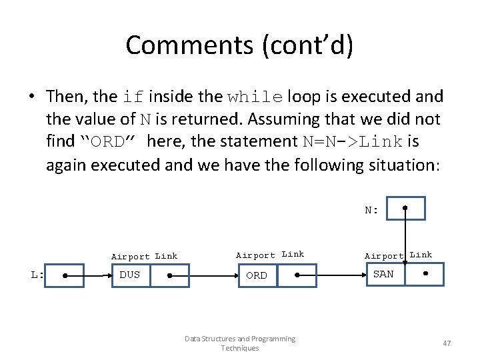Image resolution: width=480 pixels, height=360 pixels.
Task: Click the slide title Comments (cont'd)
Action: [x=240, y=45]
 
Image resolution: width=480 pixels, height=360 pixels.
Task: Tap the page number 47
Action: [x=447, y=343]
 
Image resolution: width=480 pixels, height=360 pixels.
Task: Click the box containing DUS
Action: [x=131, y=275]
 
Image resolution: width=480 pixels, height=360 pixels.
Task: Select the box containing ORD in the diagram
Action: [x=257, y=275]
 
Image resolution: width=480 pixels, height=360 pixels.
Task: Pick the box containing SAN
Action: [x=384, y=274]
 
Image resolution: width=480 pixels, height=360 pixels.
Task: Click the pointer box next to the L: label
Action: [x=64, y=275]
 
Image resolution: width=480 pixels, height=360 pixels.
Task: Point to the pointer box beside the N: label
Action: [x=405, y=208]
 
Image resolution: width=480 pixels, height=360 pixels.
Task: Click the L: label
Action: [x=37, y=275]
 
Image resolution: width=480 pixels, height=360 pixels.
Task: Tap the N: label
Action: [x=371, y=210]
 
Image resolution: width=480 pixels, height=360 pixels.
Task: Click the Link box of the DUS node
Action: [x=169, y=275]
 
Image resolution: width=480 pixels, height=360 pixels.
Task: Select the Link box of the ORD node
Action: [x=297, y=275]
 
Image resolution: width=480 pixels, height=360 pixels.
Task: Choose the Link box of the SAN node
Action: [x=425, y=274]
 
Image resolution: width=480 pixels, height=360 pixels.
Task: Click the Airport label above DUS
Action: [x=131, y=257]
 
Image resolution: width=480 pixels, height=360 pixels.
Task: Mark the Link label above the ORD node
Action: [x=293, y=254]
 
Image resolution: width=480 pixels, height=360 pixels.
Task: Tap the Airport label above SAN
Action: [x=384, y=255]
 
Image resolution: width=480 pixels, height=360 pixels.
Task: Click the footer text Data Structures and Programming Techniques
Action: [x=240, y=343]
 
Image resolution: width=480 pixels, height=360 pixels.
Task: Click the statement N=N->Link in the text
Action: [x=360, y=141]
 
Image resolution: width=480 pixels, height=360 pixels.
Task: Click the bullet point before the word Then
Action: [x=32, y=97]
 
